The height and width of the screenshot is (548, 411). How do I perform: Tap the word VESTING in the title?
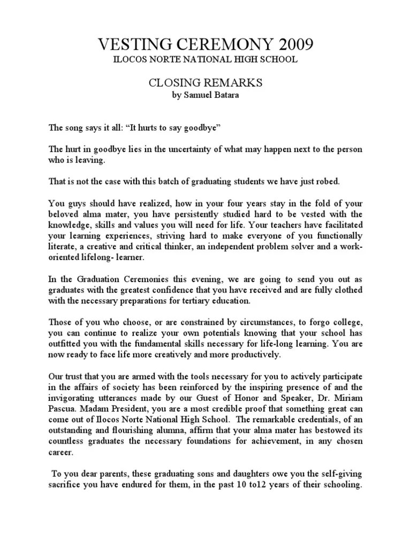coord(124,43)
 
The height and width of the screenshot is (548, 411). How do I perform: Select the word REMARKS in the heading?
coord(234,83)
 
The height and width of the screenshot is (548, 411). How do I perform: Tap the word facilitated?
coord(339,225)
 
